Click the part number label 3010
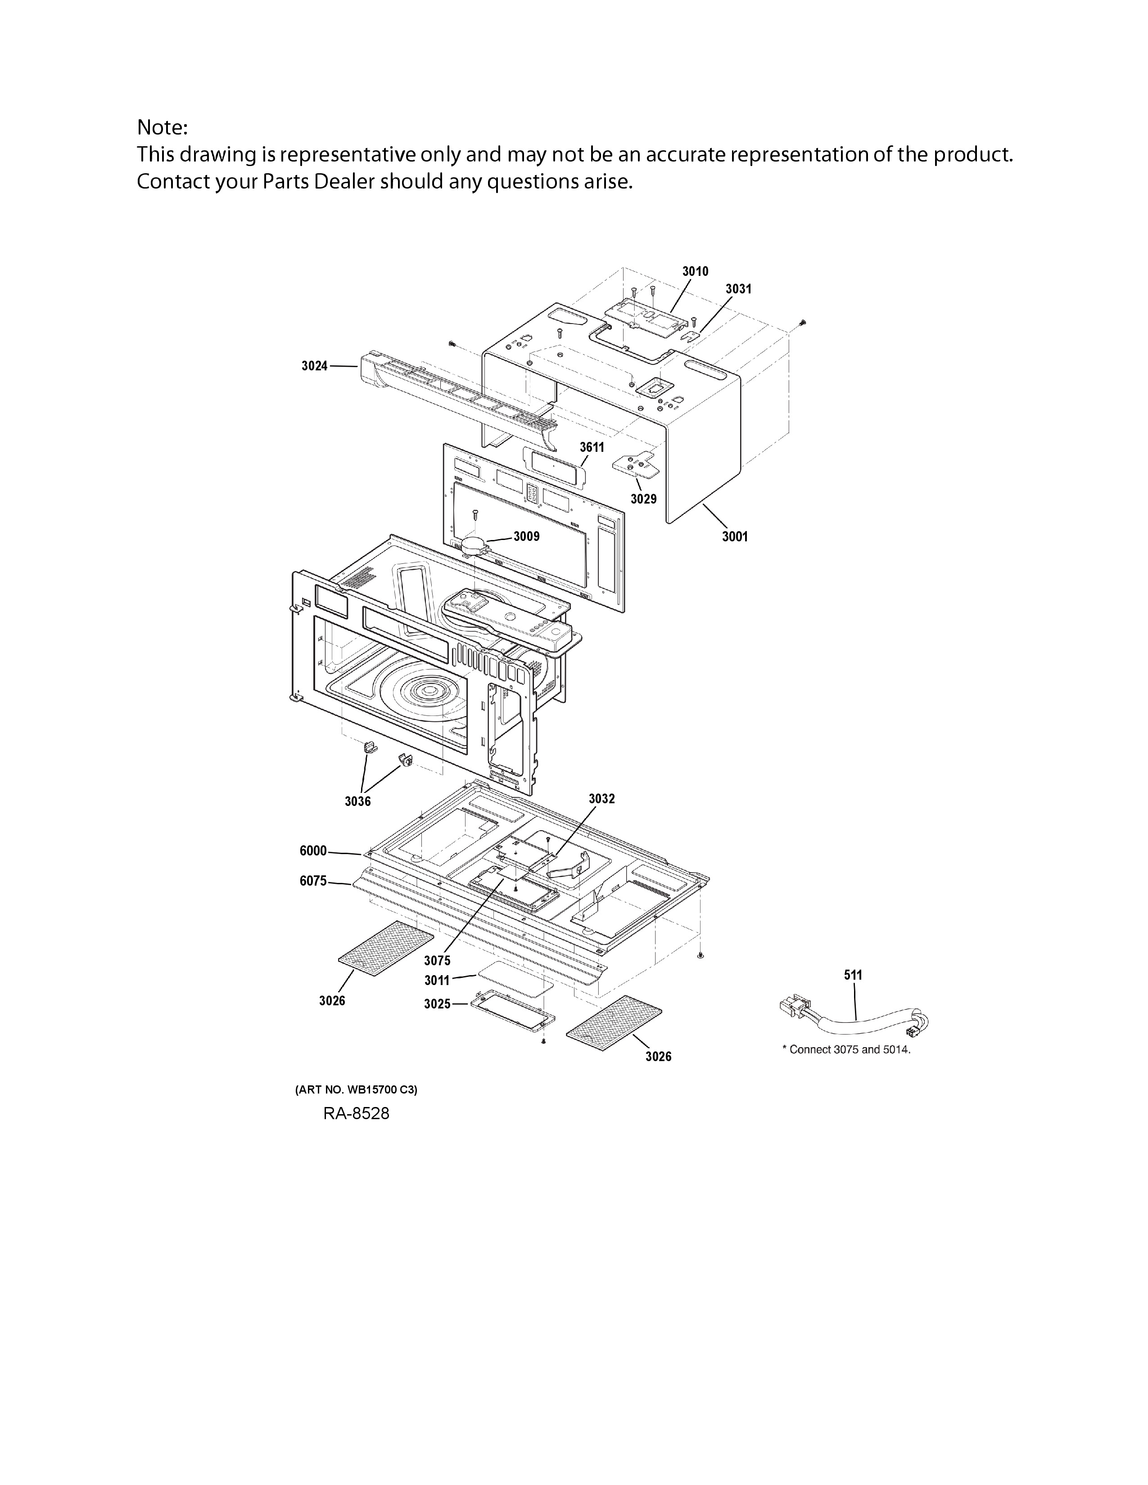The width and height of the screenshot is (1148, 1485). tap(695, 271)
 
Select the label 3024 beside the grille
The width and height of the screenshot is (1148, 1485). tap(314, 366)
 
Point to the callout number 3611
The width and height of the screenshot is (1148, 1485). tap(592, 447)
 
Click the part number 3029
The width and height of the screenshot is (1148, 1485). tap(643, 499)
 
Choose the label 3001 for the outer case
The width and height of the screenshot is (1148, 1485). tap(735, 536)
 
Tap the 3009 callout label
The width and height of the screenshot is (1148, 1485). tap(526, 536)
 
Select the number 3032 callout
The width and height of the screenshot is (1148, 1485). tap(601, 798)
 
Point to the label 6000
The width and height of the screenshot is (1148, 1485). tap(313, 850)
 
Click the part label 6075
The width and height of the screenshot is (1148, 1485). tap(313, 881)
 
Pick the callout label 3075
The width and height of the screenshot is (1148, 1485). tap(437, 960)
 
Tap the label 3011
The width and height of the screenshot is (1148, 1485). tap(437, 981)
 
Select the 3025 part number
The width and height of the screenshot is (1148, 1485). tap(437, 1003)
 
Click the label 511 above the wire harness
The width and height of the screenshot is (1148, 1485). tap(853, 975)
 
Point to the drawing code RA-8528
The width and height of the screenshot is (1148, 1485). tap(357, 1114)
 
